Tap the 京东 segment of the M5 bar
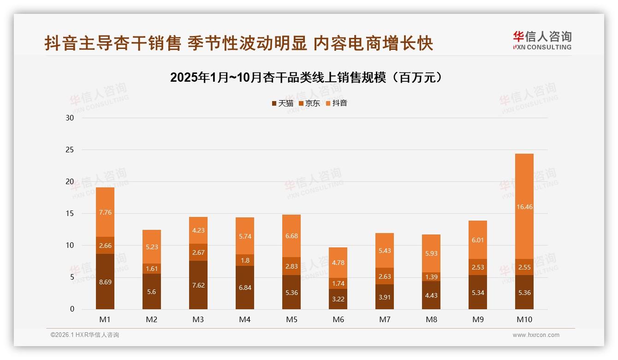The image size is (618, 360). (291, 266)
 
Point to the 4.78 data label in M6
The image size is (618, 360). (338, 263)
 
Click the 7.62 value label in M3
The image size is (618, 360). (198, 285)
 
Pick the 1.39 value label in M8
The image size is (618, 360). (431, 276)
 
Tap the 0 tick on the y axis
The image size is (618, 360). (72, 309)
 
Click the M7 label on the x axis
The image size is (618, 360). (385, 319)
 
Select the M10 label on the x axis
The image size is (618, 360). (524, 319)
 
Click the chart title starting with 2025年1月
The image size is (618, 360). (306, 77)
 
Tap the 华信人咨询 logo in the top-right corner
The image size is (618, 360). (542, 40)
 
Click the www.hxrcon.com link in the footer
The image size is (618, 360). (536, 335)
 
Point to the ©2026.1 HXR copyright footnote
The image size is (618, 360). (85, 335)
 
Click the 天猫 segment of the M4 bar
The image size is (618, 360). (245, 287)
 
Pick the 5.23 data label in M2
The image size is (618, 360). (152, 246)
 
